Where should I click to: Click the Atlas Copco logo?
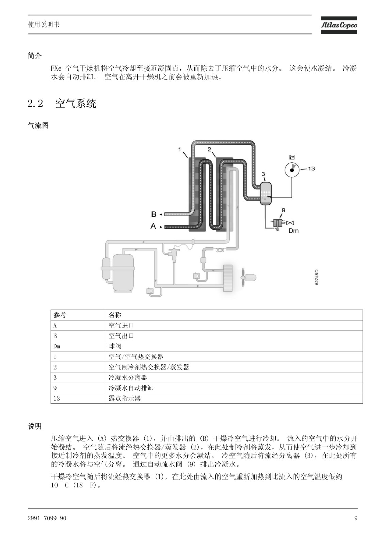[339, 25]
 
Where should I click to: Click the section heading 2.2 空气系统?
[62, 104]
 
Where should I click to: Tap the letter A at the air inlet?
[153, 226]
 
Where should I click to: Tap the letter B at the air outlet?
[154, 214]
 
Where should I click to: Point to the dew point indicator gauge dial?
[292, 170]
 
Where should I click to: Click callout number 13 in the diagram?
[311, 168]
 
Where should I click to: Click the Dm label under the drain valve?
[293, 231]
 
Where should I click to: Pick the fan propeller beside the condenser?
[243, 277]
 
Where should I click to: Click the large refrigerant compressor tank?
[123, 273]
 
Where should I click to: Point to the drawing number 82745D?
[317, 277]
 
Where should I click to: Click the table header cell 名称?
[115, 315]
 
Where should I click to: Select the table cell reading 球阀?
[115, 346]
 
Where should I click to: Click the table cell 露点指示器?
[125, 399]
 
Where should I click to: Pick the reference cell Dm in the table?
[57, 346]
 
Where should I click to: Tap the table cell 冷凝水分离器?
[128, 378]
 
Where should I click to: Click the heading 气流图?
[38, 126]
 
